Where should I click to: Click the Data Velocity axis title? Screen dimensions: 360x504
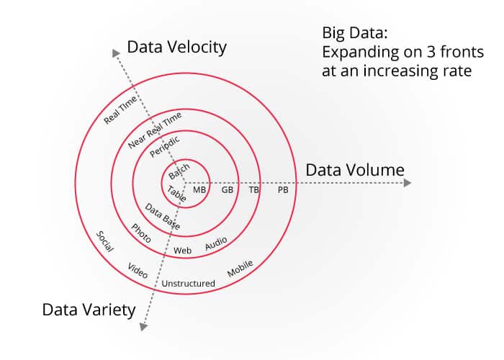pyautogui.click(x=176, y=48)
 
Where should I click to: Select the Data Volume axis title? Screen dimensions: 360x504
pyautogui.click(x=355, y=171)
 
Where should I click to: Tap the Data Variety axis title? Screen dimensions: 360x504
pyautogui.click(x=89, y=310)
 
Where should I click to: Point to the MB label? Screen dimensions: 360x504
pyautogui.click(x=199, y=190)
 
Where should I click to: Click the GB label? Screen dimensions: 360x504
pyautogui.click(x=228, y=190)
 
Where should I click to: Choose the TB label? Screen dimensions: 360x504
pyautogui.click(x=254, y=190)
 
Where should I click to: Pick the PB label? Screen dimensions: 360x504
pyautogui.click(x=283, y=190)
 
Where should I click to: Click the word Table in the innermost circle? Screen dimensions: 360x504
pyautogui.click(x=176, y=194)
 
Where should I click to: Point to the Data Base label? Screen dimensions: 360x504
pyautogui.click(x=163, y=217)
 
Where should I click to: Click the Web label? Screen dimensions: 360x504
pyautogui.click(x=182, y=251)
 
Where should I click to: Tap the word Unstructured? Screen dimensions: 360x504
pyautogui.click(x=188, y=284)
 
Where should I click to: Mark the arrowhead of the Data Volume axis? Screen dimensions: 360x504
pyautogui.click(x=408, y=183)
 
